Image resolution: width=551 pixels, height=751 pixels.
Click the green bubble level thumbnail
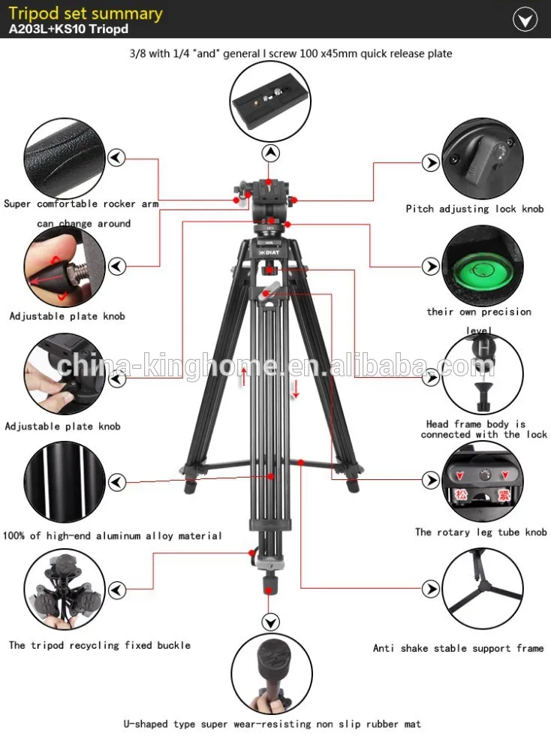pyautogui.click(x=482, y=267)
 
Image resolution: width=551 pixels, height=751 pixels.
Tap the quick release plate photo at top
pyautogui.click(x=271, y=103)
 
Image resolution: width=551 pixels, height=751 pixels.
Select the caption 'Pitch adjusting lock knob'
pyautogui.click(x=474, y=209)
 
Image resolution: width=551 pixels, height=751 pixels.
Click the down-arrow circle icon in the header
pyautogui.click(x=525, y=20)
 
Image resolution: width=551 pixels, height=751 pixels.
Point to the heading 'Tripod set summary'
pyautogui.click(x=86, y=14)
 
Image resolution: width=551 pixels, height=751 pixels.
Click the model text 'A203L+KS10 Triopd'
pyautogui.click(x=69, y=31)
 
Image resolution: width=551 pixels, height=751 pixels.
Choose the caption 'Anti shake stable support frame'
pyautogui.click(x=458, y=648)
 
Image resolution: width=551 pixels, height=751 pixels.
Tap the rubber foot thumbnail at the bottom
pyautogui.click(x=271, y=673)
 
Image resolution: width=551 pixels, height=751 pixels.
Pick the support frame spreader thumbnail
pyautogui.click(x=482, y=590)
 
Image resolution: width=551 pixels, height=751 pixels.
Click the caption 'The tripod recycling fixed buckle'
pyautogui.click(x=100, y=645)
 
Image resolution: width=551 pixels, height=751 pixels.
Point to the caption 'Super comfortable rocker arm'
pyautogui.click(x=81, y=204)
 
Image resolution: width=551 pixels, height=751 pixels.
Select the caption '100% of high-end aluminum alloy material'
pyautogui.click(x=113, y=536)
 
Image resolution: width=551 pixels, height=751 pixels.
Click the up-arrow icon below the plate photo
pyautogui.click(x=270, y=153)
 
